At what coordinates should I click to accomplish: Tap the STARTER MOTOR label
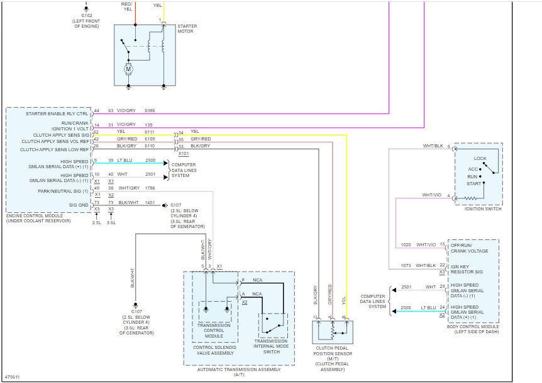coord(187,29)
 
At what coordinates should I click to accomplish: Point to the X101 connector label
coord(184,153)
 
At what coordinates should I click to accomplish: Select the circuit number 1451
coord(150,203)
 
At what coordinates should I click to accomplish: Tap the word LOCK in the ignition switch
coord(480,158)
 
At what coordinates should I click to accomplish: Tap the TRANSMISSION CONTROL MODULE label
coord(214,330)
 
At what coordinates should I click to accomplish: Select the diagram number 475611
coord(12,377)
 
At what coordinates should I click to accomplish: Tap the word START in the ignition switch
coord(473,183)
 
